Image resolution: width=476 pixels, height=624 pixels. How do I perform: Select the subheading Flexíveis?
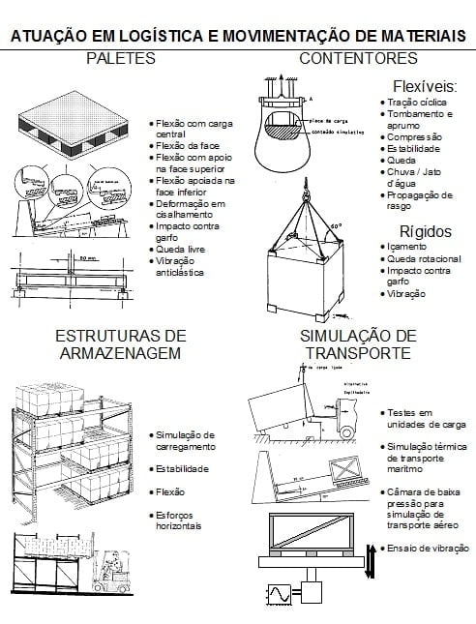425,86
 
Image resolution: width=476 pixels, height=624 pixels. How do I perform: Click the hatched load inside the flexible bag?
287,125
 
